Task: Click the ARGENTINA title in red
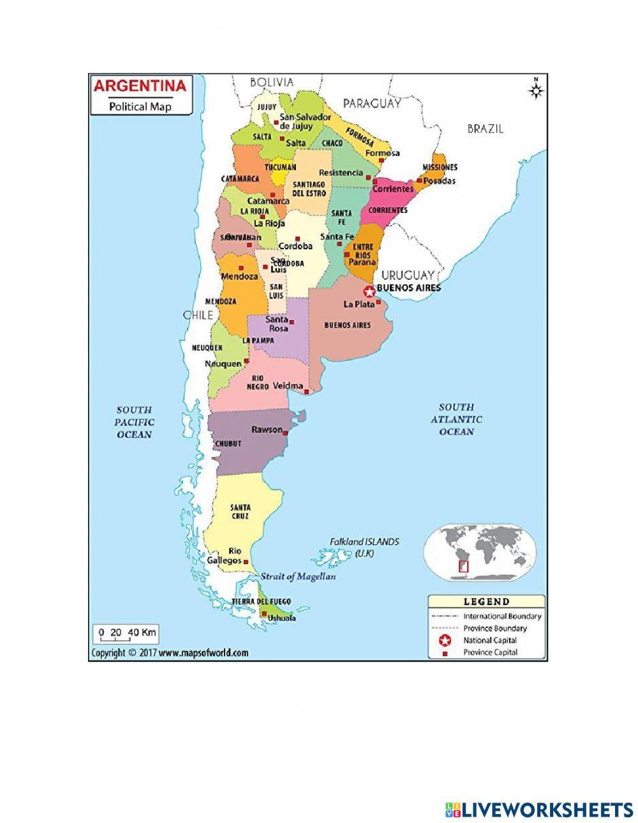140,85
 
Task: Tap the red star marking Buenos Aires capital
369,292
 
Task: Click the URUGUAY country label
408,275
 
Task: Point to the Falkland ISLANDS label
364,542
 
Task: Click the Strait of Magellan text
298,576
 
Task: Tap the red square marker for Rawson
286,433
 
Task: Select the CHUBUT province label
228,443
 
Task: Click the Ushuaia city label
281,618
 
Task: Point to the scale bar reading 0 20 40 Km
126,633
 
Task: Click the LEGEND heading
486,601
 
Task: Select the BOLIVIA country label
272,82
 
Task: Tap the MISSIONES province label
440,167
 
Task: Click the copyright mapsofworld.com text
170,653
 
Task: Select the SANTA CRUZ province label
241,511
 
